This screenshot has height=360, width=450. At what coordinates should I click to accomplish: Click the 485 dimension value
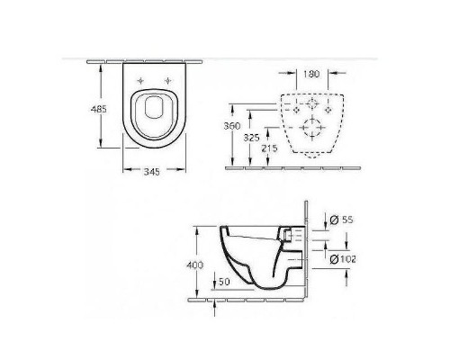(x=99, y=109)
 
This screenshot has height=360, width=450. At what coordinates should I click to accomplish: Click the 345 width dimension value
(x=152, y=172)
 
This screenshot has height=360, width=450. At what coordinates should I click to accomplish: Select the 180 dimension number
(x=311, y=74)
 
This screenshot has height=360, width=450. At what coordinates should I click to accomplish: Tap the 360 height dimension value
(x=232, y=126)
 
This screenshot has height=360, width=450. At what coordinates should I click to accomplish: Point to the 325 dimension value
(x=251, y=138)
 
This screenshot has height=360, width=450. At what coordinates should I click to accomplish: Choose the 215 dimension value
(x=269, y=148)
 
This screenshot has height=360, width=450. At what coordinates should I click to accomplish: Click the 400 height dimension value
(x=195, y=265)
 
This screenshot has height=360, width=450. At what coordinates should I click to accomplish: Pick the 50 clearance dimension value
(x=224, y=282)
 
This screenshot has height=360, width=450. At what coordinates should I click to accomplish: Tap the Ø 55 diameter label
(x=341, y=220)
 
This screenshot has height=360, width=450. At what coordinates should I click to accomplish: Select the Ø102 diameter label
(x=343, y=259)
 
